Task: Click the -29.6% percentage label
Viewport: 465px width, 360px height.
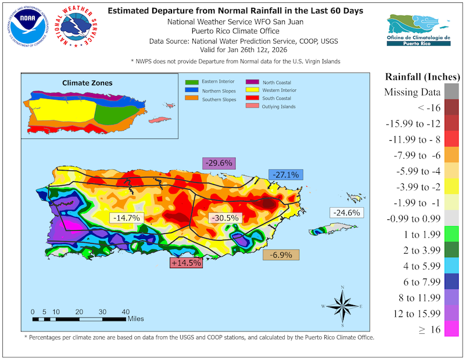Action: click(218, 163)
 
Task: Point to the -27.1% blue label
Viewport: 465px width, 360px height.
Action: click(284, 174)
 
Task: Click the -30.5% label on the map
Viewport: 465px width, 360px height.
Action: click(224, 218)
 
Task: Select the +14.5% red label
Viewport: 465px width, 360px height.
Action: click(186, 262)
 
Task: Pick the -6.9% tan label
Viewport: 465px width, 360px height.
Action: click(281, 255)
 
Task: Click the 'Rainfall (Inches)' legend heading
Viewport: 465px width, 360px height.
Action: click(420, 77)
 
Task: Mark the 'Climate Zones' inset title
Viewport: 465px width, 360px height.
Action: click(88, 83)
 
